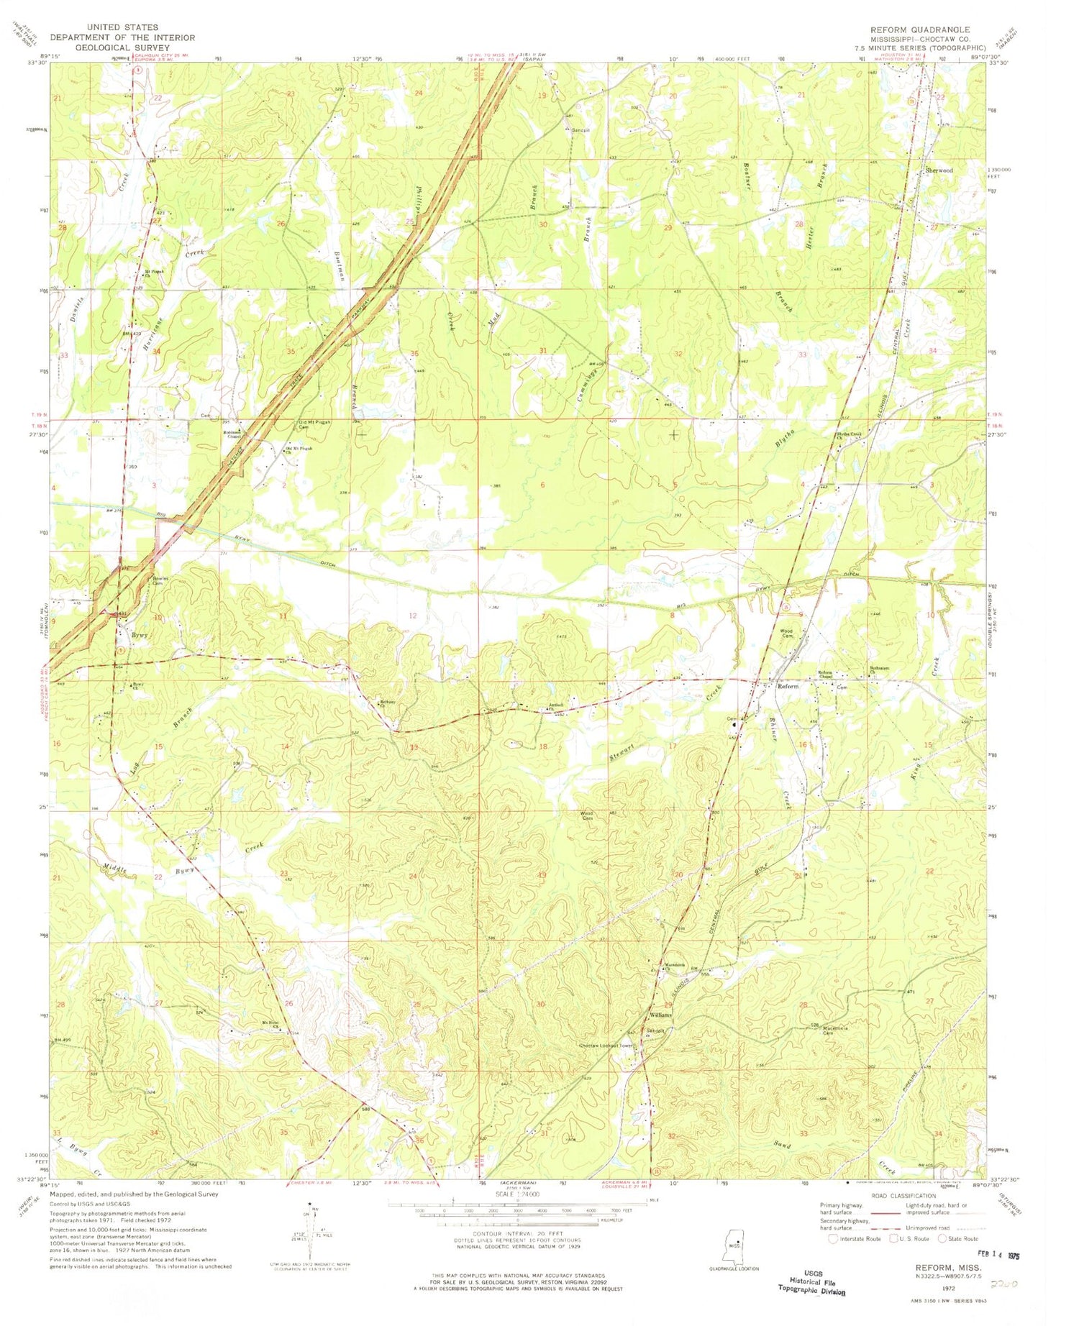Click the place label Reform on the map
(788, 686)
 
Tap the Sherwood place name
(939, 170)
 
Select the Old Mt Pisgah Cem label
(314, 424)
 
